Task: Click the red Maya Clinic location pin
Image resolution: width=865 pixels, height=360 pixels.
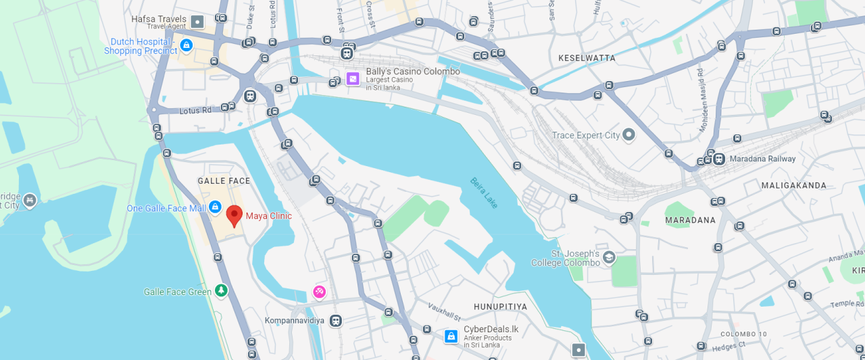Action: pyautogui.click(x=234, y=214)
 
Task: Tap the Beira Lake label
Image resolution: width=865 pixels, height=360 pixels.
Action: pyautogui.click(x=484, y=192)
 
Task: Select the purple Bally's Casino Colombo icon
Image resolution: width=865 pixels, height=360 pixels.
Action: pyautogui.click(x=353, y=79)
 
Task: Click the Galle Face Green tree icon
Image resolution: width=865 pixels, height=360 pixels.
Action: pyautogui.click(x=221, y=290)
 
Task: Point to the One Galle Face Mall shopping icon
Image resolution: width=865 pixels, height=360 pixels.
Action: pyautogui.click(x=215, y=207)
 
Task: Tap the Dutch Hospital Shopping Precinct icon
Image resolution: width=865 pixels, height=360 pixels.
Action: pyautogui.click(x=187, y=45)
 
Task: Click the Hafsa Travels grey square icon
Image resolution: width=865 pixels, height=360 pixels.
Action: pyautogui.click(x=197, y=22)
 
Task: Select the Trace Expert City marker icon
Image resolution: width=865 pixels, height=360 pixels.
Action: pyautogui.click(x=628, y=135)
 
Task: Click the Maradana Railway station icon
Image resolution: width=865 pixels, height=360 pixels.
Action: pyautogui.click(x=719, y=159)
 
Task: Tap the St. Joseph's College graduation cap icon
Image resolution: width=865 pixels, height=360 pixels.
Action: pyautogui.click(x=609, y=257)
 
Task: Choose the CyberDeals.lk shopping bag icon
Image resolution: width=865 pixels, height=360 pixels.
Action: pyautogui.click(x=451, y=336)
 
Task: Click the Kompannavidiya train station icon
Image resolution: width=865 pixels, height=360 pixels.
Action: pyautogui.click(x=335, y=321)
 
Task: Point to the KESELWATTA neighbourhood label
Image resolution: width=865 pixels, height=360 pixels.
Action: pyautogui.click(x=587, y=58)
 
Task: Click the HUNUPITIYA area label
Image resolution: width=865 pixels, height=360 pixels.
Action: pyautogui.click(x=500, y=307)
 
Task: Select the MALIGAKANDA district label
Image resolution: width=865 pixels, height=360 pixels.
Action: pyautogui.click(x=793, y=185)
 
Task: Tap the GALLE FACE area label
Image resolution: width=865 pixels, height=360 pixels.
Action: pyautogui.click(x=224, y=181)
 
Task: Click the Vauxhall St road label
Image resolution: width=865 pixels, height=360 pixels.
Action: pyautogui.click(x=444, y=313)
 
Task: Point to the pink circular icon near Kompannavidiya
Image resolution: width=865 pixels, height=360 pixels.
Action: pyautogui.click(x=319, y=292)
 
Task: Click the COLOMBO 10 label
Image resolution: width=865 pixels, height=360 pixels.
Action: pyautogui.click(x=743, y=334)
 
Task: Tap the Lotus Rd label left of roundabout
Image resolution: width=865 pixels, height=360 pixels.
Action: pyautogui.click(x=195, y=110)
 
